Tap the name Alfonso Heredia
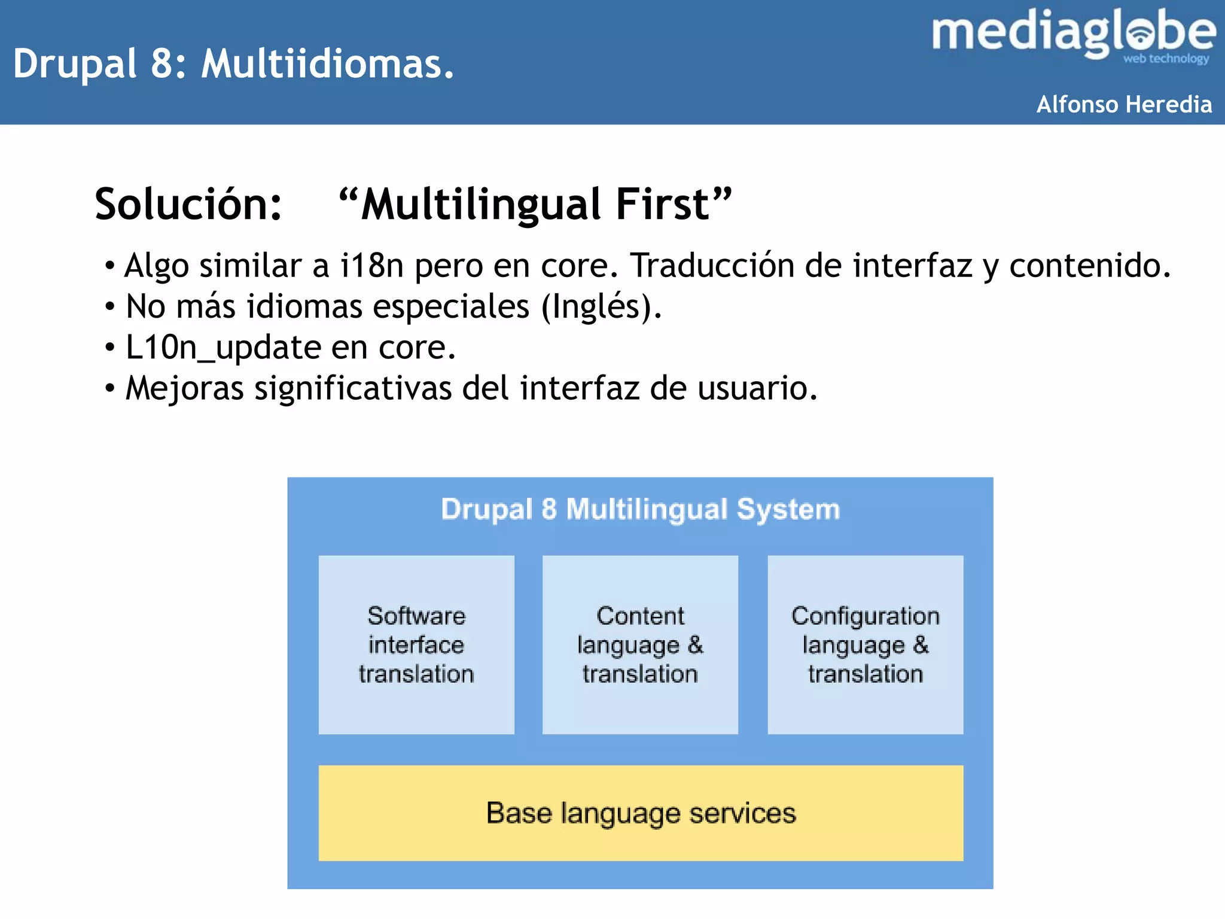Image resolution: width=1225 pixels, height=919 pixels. point(1123,105)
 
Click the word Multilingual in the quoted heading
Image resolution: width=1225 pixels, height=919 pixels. point(481,205)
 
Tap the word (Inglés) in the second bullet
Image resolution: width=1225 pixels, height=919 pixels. point(601,306)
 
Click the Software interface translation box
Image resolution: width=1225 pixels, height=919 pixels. point(416,644)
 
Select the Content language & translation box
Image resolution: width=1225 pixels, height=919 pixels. point(640,644)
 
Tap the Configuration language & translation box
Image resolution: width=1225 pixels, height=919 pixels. point(865,644)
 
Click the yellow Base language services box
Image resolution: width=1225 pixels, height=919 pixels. point(641,813)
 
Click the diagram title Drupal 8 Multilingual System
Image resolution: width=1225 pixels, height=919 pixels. point(640,509)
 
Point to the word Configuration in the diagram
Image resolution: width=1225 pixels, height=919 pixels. point(865,616)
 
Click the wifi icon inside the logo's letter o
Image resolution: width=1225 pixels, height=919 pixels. point(1141,35)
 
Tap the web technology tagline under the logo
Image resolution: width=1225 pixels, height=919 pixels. point(1166,59)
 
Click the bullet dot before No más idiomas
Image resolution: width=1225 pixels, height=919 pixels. point(109,307)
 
